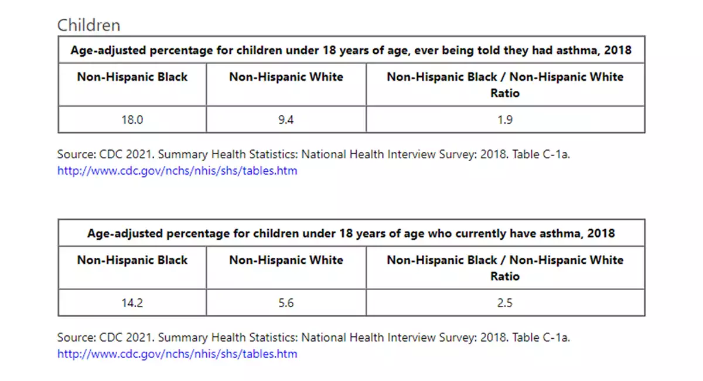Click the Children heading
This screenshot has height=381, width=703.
89,25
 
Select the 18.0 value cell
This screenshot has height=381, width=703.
132,120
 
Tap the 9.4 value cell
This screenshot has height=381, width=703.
286,120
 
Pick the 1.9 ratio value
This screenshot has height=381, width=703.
505,120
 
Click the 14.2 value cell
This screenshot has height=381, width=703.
132,303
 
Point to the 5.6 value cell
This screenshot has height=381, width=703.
286,303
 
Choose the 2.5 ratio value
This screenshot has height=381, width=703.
505,303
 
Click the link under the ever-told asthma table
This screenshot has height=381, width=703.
178,171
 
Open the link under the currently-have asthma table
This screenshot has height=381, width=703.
178,353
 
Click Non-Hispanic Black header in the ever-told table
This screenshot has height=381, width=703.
132,77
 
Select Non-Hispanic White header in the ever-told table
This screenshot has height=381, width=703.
286,77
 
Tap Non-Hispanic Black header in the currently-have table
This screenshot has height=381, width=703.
132,260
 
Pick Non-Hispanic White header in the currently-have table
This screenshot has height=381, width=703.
286,260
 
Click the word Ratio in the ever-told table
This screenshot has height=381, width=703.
505,93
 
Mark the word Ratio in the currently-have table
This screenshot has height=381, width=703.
505,276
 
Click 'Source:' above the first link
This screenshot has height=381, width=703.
77,154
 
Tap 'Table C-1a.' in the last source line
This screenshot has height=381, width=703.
541,338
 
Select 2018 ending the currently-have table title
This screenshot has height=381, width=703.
601,233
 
